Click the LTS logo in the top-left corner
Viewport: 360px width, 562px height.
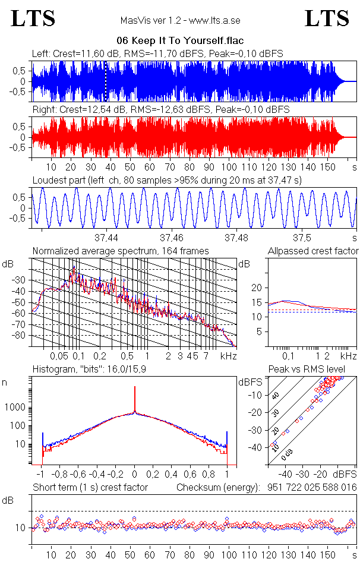33,18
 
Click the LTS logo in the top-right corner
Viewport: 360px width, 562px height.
327,18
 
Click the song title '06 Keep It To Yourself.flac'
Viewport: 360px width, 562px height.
181,41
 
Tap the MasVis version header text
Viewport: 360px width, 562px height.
181,21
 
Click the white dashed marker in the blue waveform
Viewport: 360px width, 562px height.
106,81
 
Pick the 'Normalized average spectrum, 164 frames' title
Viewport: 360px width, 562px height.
121,251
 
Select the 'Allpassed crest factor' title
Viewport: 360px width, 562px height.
313,251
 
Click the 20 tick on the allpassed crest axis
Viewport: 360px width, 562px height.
257,288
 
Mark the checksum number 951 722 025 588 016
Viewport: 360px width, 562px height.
308,487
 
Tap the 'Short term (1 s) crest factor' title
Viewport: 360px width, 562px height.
90,487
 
